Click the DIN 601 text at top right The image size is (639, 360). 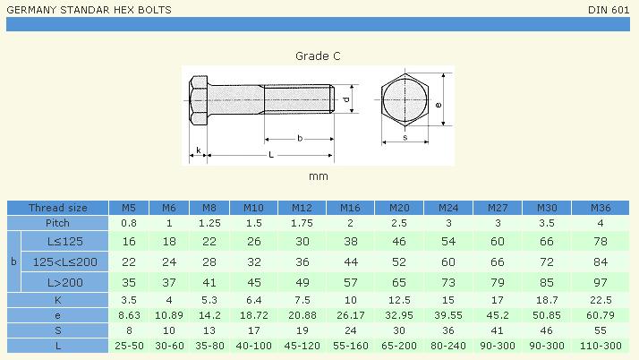[x=609, y=10]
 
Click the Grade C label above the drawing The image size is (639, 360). [x=318, y=56]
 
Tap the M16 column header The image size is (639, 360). [x=350, y=208]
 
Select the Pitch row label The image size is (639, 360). [x=57, y=223]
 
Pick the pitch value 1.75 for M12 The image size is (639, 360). [x=302, y=223]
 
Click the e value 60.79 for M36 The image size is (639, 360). [x=601, y=315]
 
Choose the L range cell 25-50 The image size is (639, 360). [x=129, y=346]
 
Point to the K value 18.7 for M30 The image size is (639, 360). [x=547, y=300]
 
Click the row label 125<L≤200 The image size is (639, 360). [x=64, y=261]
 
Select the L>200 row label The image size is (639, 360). [x=64, y=282]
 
